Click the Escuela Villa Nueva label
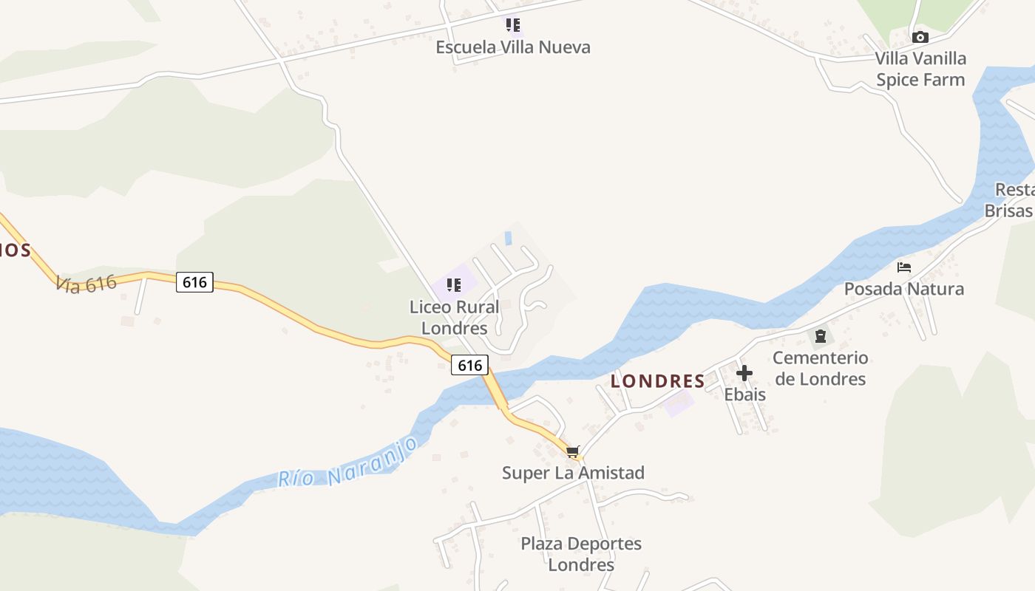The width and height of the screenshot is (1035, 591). pyautogui.click(x=513, y=47)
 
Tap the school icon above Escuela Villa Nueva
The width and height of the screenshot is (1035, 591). pyautogui.click(x=513, y=26)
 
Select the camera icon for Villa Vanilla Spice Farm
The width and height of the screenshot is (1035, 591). pyautogui.click(x=920, y=37)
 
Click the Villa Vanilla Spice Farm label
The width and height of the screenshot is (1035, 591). pyautogui.click(x=920, y=69)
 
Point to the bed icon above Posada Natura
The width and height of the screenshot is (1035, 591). pyautogui.click(x=903, y=267)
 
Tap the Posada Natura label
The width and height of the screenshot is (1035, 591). pyautogui.click(x=903, y=288)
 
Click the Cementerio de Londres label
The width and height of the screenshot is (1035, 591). pyautogui.click(x=820, y=369)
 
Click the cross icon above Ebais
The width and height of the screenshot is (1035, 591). pyautogui.click(x=744, y=373)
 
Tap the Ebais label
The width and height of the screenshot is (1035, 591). pyautogui.click(x=744, y=394)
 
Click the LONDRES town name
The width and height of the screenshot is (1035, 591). pyautogui.click(x=657, y=381)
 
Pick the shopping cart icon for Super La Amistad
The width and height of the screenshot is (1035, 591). pyautogui.click(x=573, y=451)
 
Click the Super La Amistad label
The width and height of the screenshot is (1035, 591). pyautogui.click(x=573, y=473)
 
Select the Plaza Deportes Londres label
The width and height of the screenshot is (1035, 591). pyautogui.click(x=581, y=554)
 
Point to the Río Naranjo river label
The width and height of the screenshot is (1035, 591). pyautogui.click(x=349, y=462)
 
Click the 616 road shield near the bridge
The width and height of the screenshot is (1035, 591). pyautogui.click(x=469, y=364)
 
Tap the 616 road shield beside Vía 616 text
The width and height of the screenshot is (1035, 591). pyautogui.click(x=194, y=281)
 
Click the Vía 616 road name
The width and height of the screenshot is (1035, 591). pyautogui.click(x=87, y=283)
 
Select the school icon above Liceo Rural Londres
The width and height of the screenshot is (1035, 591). pyautogui.click(x=454, y=284)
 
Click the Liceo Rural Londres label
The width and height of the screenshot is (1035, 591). pyautogui.click(x=454, y=317)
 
